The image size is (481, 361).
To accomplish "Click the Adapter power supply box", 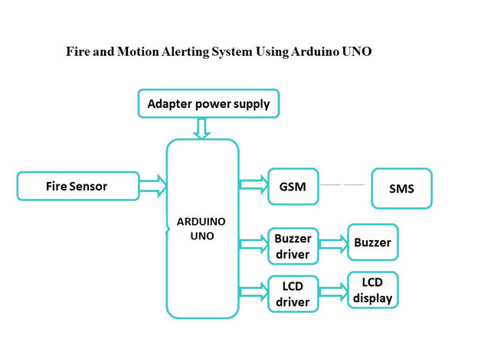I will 208,103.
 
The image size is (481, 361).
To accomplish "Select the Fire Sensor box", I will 78,186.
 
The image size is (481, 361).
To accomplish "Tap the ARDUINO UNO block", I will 202,229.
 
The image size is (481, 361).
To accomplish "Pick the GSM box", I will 293,187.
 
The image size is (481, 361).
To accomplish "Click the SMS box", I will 401,188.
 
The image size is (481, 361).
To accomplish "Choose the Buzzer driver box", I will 293,246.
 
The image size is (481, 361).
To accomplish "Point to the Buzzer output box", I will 372,242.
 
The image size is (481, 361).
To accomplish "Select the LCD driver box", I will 293,294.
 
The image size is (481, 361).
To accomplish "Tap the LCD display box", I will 373,290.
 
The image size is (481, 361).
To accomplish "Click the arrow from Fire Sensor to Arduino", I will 153,185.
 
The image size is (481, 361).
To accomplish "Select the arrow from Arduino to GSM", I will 254,184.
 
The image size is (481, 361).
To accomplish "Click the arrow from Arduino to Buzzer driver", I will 254,244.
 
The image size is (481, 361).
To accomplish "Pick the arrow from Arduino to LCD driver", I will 254,291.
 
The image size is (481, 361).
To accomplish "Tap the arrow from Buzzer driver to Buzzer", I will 333,243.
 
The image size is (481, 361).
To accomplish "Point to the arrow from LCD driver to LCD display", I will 333,291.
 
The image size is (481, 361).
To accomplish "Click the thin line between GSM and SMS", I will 342,185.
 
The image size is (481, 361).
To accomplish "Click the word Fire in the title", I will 77,52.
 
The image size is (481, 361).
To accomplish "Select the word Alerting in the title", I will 186,52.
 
